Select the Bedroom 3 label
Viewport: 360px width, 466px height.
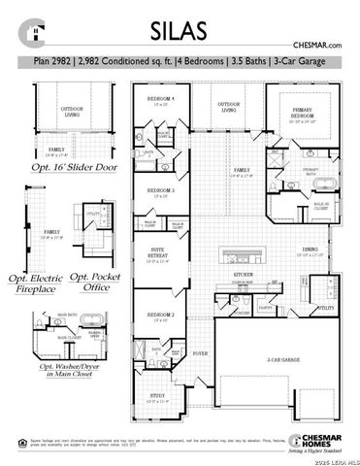click(x=160, y=190)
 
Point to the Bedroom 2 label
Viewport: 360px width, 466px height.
click(x=160, y=316)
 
